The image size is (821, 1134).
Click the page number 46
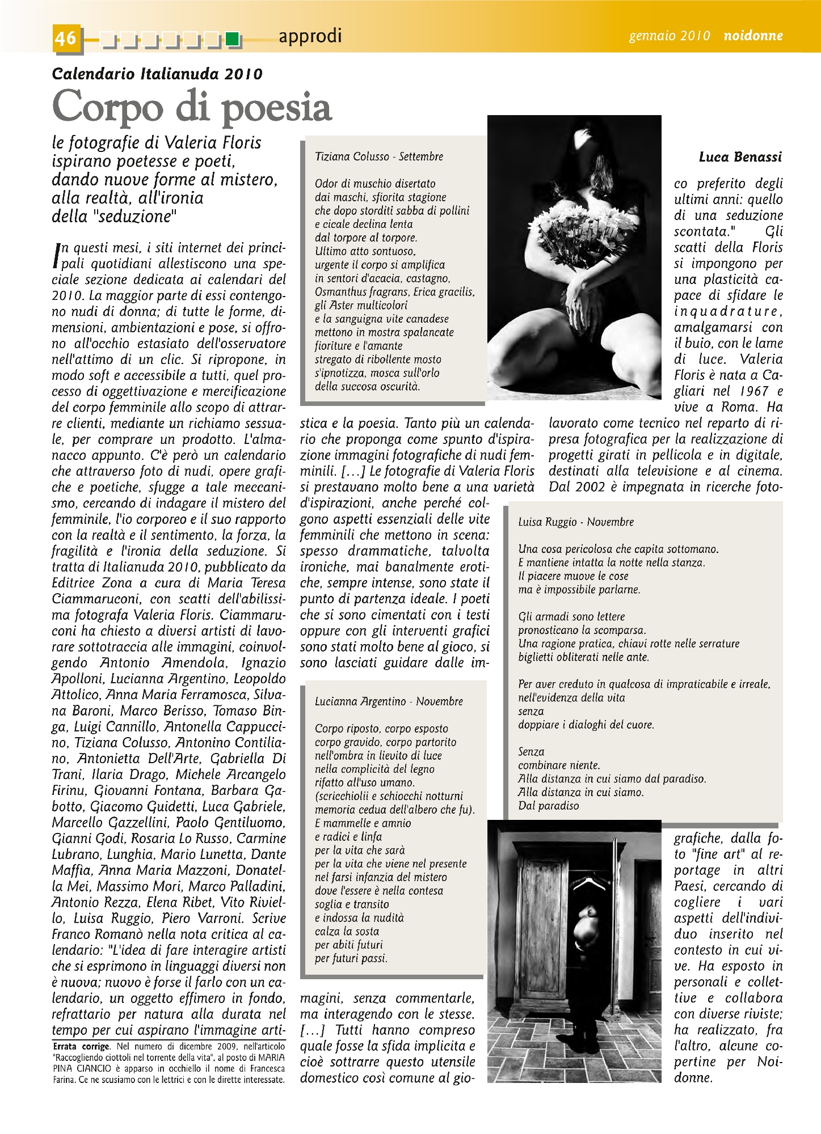(x=66, y=37)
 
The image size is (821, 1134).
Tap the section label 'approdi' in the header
(x=310, y=36)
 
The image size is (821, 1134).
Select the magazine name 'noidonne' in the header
(x=753, y=36)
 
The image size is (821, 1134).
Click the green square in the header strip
(x=231, y=40)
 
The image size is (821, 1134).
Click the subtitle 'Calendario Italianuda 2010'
(x=157, y=74)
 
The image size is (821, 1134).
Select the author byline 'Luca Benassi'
(x=740, y=157)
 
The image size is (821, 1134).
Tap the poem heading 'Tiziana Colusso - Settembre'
(x=379, y=156)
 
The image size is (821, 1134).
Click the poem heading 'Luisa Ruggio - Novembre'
(x=576, y=522)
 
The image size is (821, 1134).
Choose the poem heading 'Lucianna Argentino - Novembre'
(x=389, y=701)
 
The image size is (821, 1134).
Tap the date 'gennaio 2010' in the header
(x=669, y=36)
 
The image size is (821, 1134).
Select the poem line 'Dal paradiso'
(x=548, y=806)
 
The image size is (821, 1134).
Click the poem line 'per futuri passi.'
(x=351, y=958)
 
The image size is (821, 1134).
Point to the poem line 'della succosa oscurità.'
(x=368, y=387)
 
